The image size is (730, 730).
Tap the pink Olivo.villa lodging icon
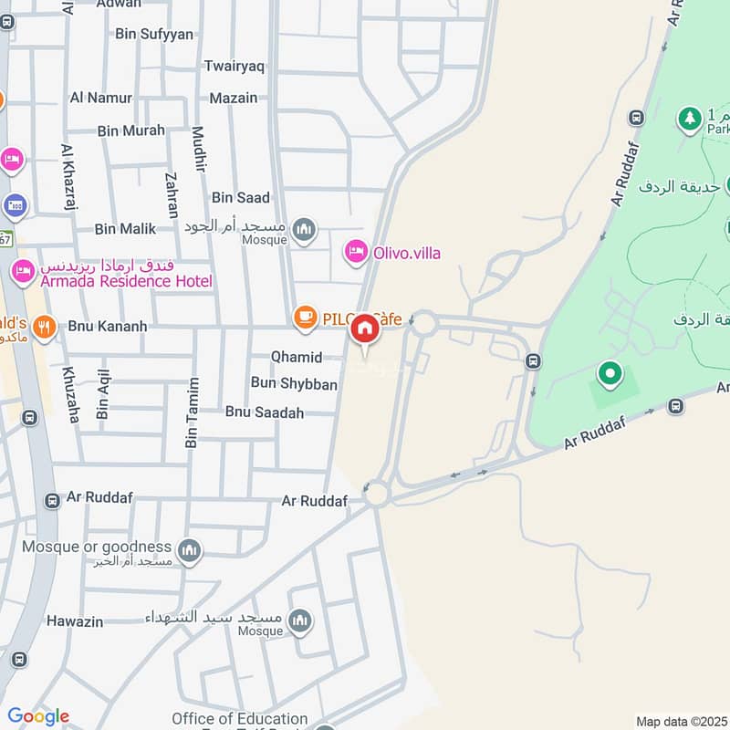click(356, 252)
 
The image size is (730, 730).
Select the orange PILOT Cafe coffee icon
click(305, 318)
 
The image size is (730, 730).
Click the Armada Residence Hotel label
click(125, 281)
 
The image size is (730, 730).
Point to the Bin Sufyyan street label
click(154, 34)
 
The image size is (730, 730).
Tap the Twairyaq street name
click(235, 66)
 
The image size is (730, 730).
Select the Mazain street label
click(234, 98)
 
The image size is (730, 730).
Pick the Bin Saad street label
click(241, 197)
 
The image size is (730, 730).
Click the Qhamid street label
click(297, 357)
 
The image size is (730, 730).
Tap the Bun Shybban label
click(294, 384)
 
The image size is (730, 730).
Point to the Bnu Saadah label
click(265, 412)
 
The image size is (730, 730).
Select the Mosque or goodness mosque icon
click(190, 549)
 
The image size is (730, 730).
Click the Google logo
click(38, 716)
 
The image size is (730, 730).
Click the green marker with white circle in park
click(609, 373)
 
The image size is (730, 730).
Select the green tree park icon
click(688, 117)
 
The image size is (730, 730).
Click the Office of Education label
click(240, 719)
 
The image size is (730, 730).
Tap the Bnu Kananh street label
click(108, 326)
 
